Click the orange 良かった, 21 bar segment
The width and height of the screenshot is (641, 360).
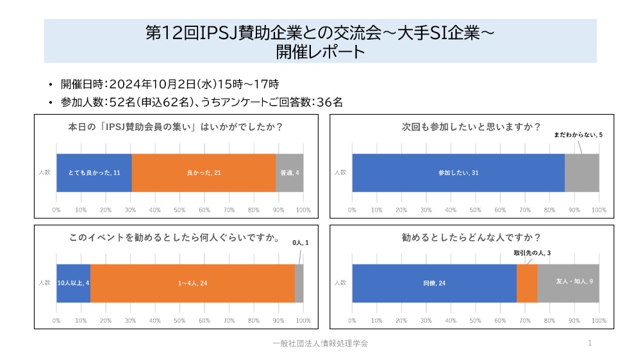coord(204,173)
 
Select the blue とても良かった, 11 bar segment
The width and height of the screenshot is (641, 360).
coord(94,173)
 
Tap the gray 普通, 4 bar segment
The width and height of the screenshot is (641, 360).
coord(290,173)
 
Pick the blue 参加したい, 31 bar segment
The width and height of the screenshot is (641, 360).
coord(458,173)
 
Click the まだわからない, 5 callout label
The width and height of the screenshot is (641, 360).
coord(578,135)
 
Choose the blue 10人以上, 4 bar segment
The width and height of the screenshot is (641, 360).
coord(73,283)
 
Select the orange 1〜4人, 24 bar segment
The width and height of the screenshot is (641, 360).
coord(192,283)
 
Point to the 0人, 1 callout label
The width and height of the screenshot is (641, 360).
coord(301,243)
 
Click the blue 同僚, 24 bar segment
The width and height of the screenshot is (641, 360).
coord(434,283)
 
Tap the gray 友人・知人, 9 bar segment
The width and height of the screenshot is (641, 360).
coord(568,283)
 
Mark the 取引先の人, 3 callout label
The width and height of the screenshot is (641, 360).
coord(532,253)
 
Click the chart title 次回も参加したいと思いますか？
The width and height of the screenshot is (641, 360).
coord(471,126)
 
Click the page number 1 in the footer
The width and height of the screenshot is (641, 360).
coord(589,343)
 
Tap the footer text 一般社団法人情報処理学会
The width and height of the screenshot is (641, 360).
coord(320,343)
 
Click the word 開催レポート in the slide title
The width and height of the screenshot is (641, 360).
coord(320,51)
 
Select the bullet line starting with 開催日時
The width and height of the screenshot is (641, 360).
coord(170,84)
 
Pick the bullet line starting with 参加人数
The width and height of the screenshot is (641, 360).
coord(202,101)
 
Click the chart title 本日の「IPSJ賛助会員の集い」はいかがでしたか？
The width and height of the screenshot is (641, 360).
coord(176,126)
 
